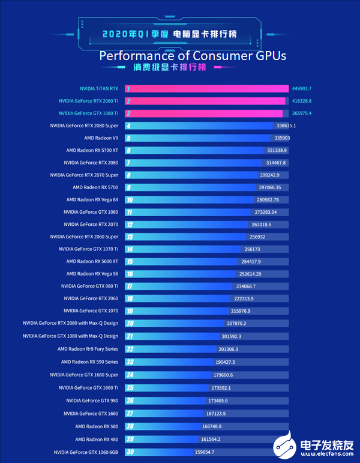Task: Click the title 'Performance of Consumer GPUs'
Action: (x=193, y=56)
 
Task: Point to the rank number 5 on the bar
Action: (x=128, y=138)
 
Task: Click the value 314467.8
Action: (x=277, y=163)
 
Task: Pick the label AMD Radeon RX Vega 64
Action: (x=92, y=199)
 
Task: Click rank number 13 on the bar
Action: (x=129, y=237)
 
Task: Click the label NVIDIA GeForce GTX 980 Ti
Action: (x=90, y=286)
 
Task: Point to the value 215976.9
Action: (x=241, y=310)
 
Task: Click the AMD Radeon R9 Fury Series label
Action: (x=88, y=348)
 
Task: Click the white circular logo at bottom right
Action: (x=286, y=446)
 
